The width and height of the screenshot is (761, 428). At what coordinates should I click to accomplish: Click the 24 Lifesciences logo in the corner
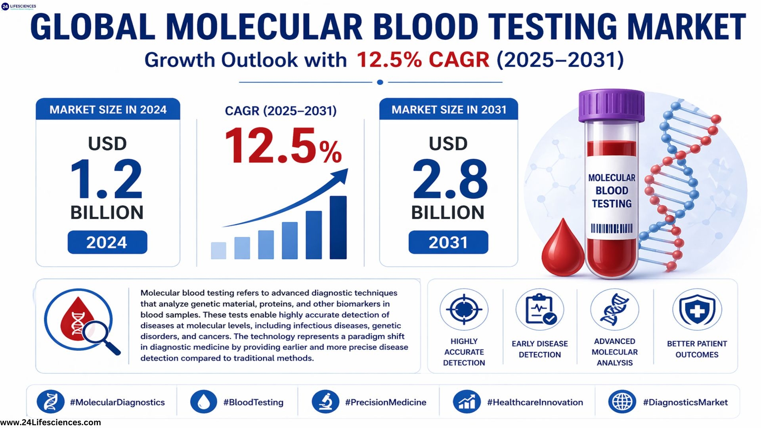click(x=18, y=6)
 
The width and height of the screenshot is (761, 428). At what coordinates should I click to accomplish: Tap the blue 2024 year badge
click(x=107, y=242)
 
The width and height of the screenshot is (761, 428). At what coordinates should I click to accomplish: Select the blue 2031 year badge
click(x=448, y=242)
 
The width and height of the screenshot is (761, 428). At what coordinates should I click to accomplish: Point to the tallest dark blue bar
click(x=338, y=227)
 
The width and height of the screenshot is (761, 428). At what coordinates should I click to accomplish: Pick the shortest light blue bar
click(x=218, y=250)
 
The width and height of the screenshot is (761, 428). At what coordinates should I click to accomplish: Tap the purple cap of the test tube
click(x=611, y=105)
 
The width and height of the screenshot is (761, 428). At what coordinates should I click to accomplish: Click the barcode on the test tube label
click(x=612, y=229)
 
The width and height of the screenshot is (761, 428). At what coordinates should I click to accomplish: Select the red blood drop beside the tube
click(x=562, y=250)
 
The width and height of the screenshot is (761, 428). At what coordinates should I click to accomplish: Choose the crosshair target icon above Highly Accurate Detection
click(x=464, y=310)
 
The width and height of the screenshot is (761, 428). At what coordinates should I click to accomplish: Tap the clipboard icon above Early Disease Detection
click(x=539, y=310)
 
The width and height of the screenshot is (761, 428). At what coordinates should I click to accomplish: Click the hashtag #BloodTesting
click(x=253, y=402)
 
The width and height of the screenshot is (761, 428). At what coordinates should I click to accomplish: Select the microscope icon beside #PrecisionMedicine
click(x=325, y=401)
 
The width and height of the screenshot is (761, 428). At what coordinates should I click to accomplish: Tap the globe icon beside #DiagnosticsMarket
click(x=622, y=401)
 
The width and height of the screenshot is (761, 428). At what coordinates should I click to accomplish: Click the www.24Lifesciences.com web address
click(x=51, y=422)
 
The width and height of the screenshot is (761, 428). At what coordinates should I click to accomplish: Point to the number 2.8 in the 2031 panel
click(x=450, y=179)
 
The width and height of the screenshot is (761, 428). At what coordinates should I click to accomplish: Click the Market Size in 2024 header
click(x=108, y=110)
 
